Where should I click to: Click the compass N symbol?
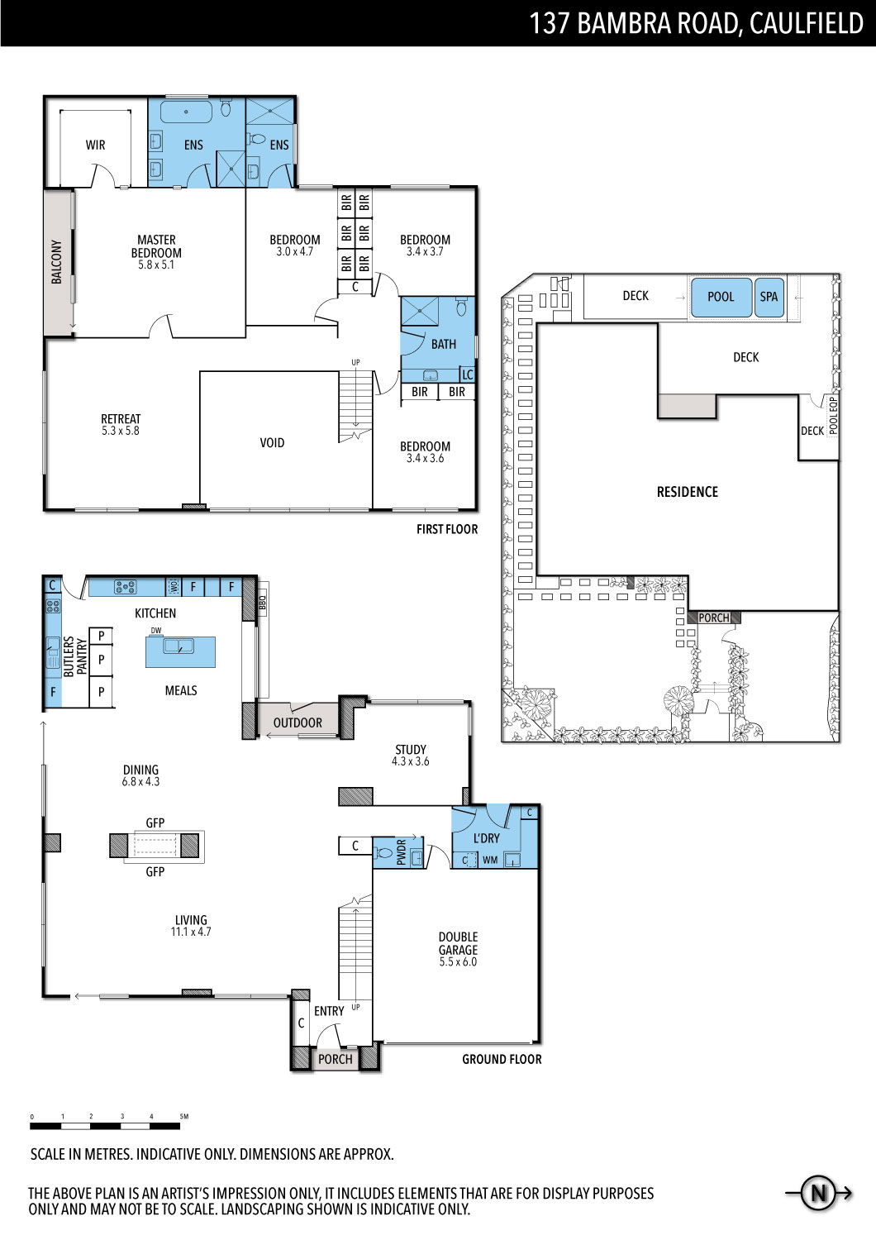(818, 1192)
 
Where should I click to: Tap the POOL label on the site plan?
(721, 297)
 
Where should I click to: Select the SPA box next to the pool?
(769, 298)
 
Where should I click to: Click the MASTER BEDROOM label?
(157, 246)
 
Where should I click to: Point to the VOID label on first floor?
(272, 443)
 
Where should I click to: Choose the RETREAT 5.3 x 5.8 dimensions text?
(121, 431)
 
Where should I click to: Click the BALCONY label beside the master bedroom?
(56, 262)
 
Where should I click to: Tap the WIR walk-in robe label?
(95, 145)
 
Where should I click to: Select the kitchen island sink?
(179, 646)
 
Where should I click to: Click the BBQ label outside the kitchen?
(263, 603)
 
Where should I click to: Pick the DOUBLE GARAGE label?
(458, 943)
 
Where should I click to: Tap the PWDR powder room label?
(402, 852)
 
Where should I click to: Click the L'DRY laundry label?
(487, 839)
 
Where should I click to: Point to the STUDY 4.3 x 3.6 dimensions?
(411, 761)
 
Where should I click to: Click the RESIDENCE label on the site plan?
(688, 492)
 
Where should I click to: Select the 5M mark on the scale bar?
(183, 1117)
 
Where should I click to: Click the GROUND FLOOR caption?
(502, 1059)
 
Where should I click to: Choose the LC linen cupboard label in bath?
(468, 374)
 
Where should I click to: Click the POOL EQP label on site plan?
(833, 416)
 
